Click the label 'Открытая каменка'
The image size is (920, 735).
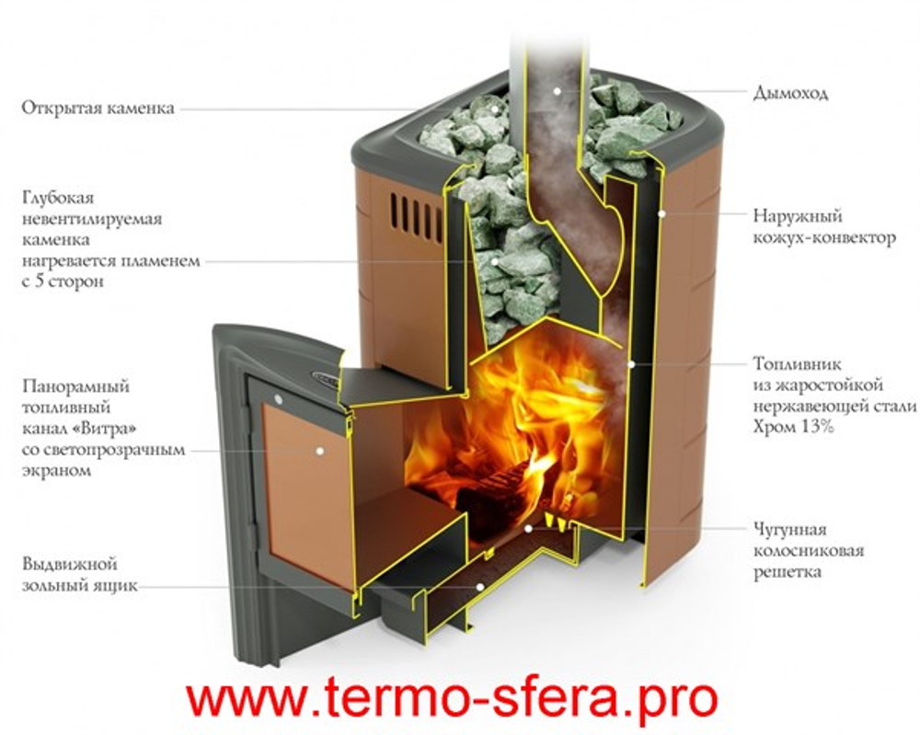pos(98,109)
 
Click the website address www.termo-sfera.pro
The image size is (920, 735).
pos(451,698)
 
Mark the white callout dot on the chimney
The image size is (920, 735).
pos(558,92)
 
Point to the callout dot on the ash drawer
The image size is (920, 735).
pos(478,584)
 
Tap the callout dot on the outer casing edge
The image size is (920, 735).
pos(661,213)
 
